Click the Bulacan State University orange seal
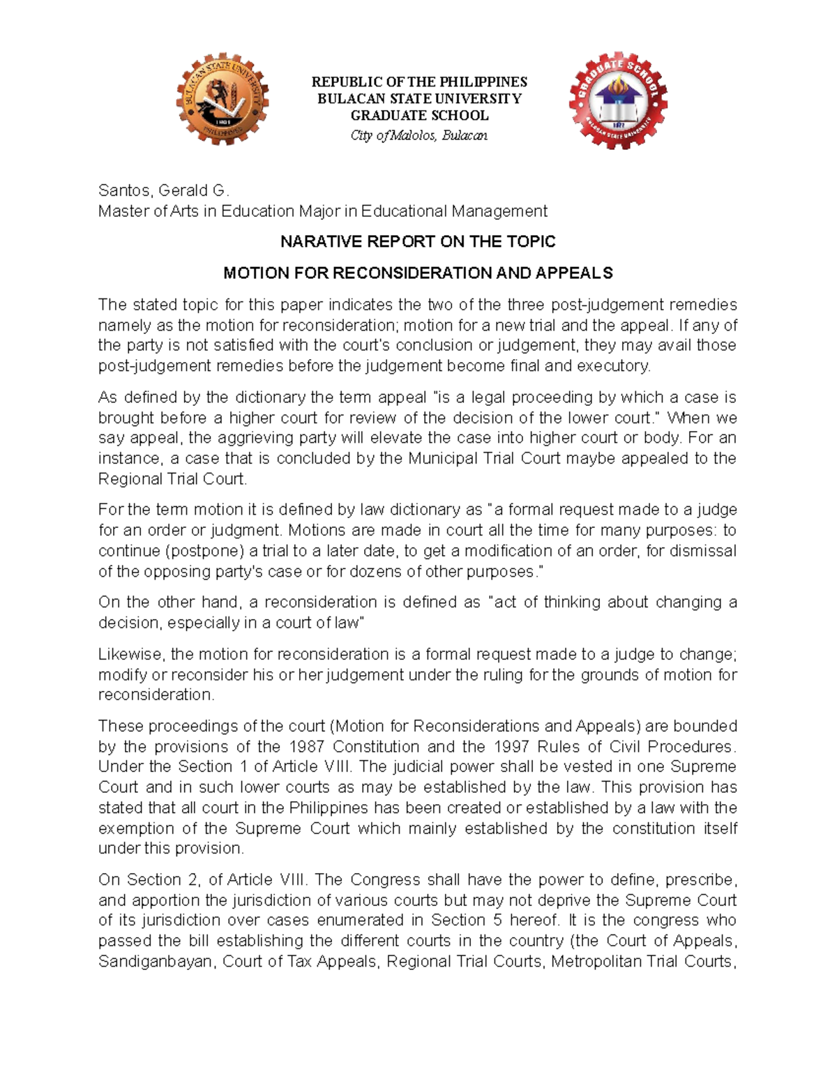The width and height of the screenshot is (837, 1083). (222, 100)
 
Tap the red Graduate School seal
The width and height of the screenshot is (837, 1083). (618, 100)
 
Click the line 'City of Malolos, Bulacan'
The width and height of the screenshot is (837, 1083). (418, 135)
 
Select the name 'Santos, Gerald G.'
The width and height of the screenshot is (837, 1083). (163, 190)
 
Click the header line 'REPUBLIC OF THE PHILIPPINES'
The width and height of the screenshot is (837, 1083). (418, 82)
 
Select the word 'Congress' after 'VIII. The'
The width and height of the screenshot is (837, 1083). (383, 879)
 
